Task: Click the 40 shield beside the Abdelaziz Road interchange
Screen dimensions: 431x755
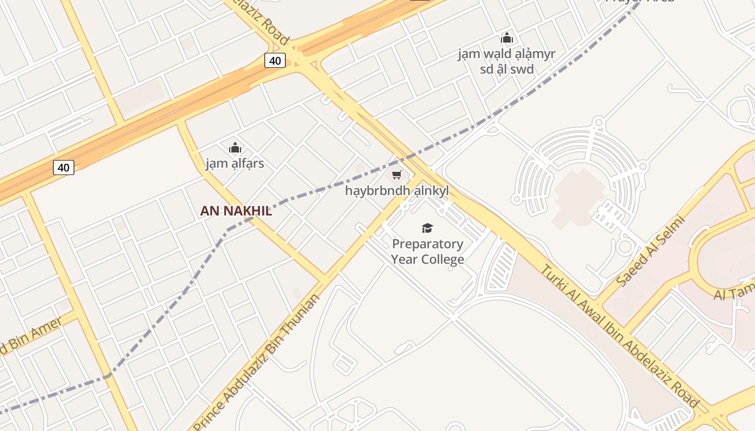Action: point(275,60)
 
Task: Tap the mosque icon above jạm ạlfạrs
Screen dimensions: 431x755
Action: point(235,148)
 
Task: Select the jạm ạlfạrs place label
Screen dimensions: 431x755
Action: point(235,163)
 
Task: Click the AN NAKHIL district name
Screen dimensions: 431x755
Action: point(236,211)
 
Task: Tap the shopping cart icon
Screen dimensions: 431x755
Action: point(397,175)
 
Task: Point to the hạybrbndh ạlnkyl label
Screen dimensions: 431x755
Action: point(397,191)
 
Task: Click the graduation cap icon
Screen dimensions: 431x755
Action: point(427,228)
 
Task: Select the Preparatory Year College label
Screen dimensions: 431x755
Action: point(428,252)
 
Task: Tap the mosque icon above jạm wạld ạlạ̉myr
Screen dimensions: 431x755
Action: point(506,38)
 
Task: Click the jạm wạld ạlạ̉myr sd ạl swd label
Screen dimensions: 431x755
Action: point(506,61)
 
